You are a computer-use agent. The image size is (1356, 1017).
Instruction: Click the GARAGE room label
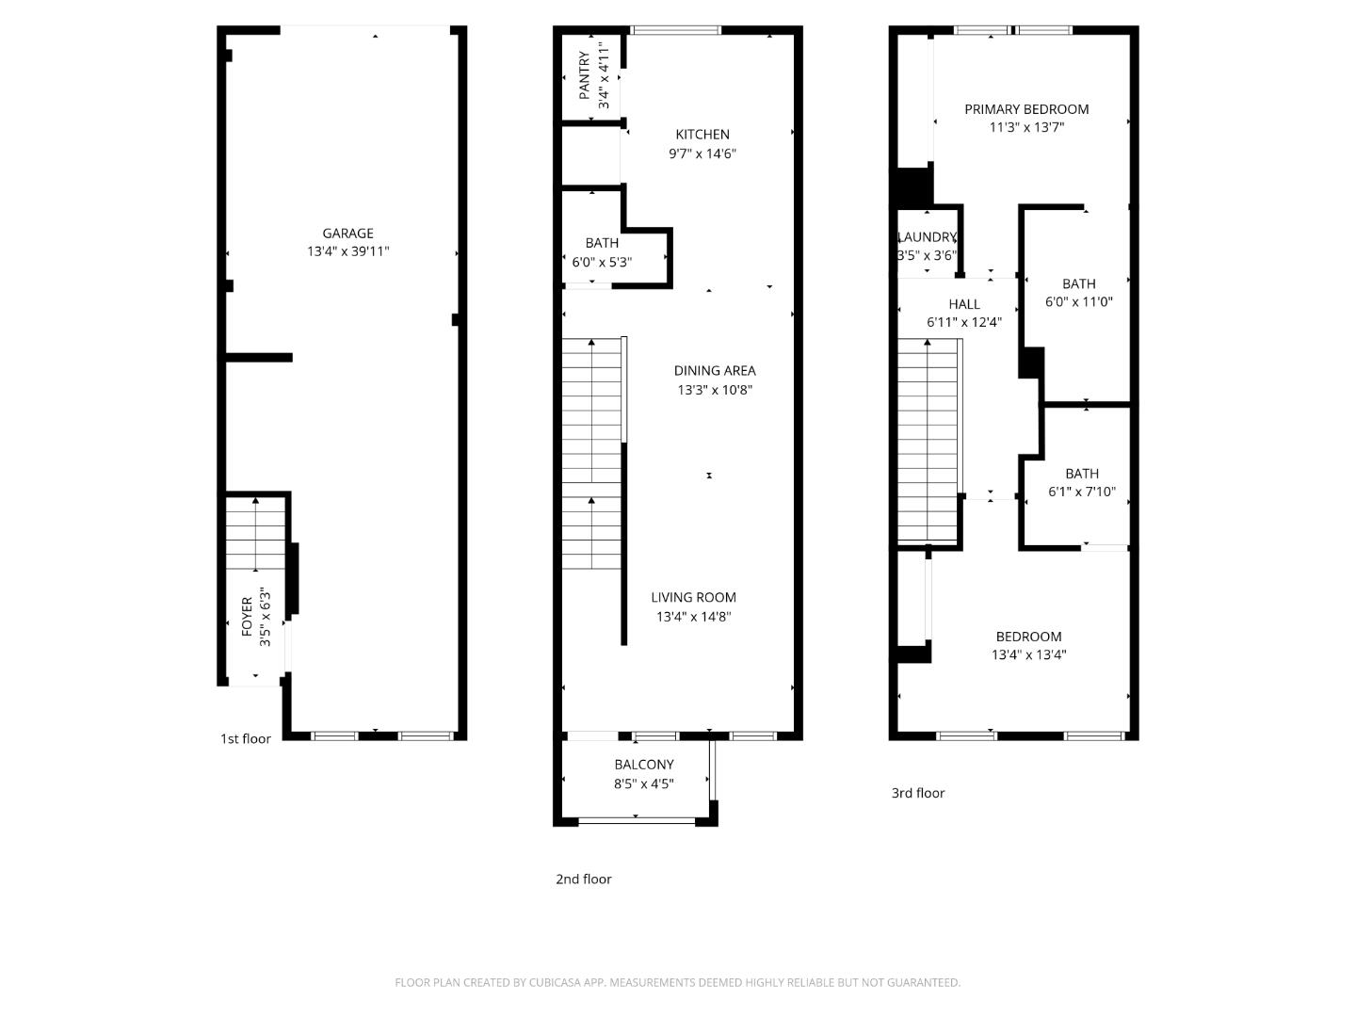click(x=347, y=234)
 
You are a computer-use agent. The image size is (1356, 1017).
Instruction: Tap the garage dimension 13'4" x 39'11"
click(x=347, y=251)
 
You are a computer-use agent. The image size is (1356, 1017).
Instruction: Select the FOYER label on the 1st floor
click(x=247, y=616)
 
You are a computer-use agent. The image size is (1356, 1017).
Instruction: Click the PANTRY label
click(x=585, y=75)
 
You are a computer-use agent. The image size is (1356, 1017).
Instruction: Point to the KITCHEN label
click(x=702, y=135)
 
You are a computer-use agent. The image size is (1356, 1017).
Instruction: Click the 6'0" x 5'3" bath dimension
click(x=602, y=262)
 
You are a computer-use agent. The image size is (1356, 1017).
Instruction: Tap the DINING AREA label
click(x=714, y=371)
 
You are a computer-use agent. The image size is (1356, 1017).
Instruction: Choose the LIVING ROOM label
click(x=693, y=597)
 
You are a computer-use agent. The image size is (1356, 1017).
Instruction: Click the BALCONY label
click(x=643, y=765)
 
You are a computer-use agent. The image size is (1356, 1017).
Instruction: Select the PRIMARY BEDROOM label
click(x=1025, y=109)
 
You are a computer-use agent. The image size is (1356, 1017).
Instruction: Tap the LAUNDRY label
click(x=928, y=237)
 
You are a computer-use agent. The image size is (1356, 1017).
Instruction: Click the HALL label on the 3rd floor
click(x=963, y=304)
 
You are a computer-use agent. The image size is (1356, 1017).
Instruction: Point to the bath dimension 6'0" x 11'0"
click(x=1078, y=302)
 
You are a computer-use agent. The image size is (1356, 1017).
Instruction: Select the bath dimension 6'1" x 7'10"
click(x=1081, y=492)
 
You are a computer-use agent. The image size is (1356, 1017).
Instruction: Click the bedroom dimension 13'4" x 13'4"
click(x=1028, y=655)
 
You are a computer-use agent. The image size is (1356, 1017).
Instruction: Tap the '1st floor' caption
click(x=245, y=739)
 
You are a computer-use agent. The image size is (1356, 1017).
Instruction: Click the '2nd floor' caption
click(x=583, y=880)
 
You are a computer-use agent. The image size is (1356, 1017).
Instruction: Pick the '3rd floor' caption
click(x=917, y=793)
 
